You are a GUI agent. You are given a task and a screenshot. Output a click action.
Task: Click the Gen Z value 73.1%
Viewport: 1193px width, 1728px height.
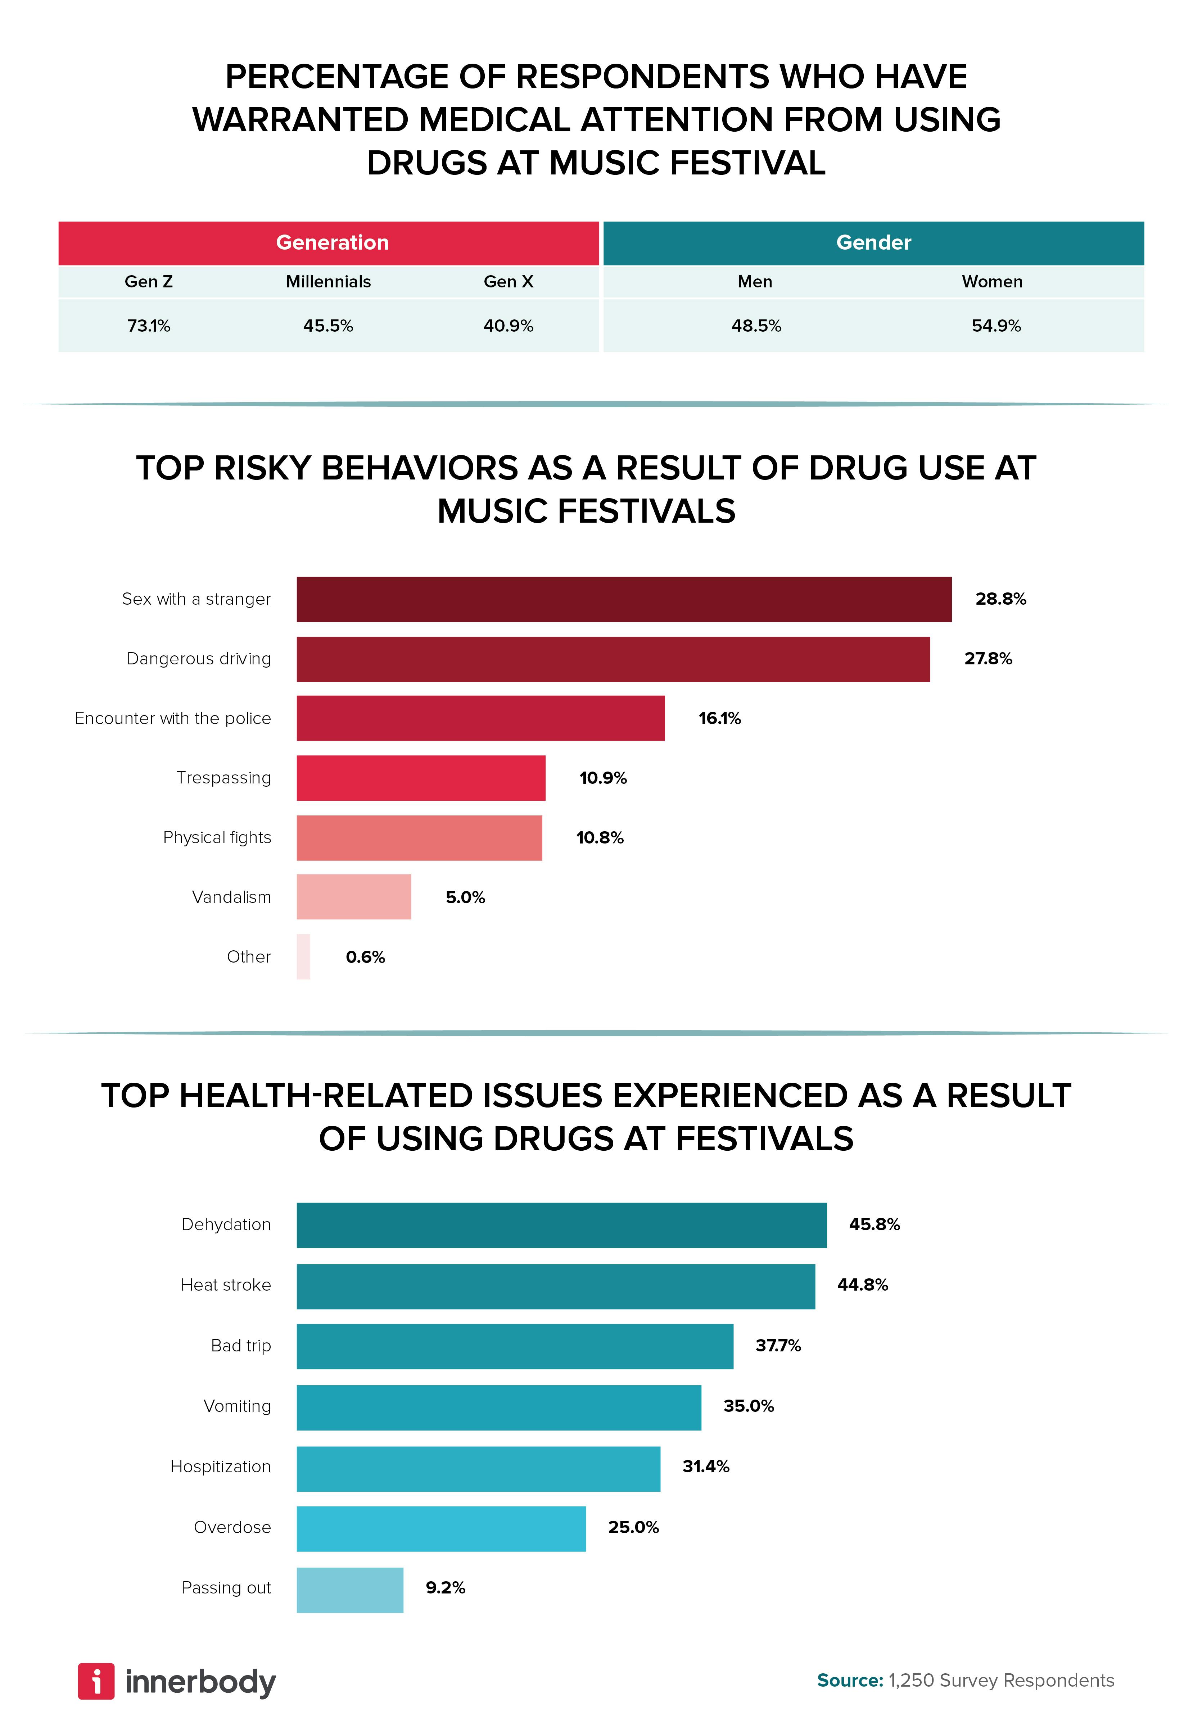click(x=149, y=326)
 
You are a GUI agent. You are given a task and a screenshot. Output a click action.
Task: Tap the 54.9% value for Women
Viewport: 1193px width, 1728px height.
click(x=996, y=326)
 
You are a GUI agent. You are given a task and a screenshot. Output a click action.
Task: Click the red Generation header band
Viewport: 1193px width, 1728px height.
click(x=329, y=243)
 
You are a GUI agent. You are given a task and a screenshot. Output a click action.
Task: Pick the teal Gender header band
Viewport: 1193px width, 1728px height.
click(x=873, y=243)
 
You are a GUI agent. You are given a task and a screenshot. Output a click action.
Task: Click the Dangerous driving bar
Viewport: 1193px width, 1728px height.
click(x=613, y=659)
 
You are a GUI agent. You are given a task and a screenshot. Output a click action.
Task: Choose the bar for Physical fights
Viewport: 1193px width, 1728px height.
click(x=419, y=837)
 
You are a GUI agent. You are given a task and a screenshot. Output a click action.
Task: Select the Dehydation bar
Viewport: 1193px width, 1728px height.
click(x=561, y=1225)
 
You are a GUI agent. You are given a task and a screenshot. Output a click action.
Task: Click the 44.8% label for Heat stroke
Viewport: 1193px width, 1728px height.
click(x=862, y=1285)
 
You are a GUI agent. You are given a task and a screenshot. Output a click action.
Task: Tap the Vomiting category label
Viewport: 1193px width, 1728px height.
click(x=237, y=1406)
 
